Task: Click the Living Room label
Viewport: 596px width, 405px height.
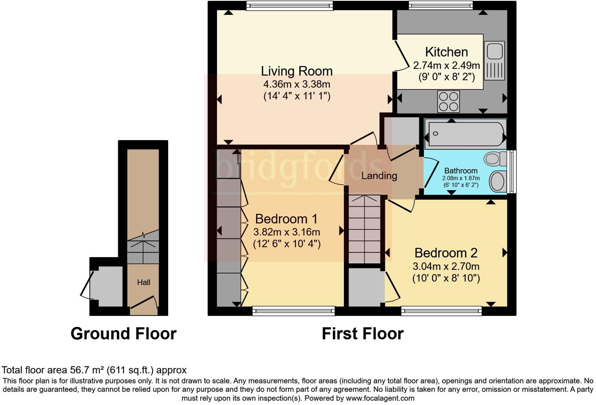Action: pyautogui.click(x=296, y=71)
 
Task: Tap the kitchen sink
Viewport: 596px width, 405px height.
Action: pyautogui.click(x=494, y=60)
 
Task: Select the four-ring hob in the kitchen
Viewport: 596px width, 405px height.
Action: pyautogui.click(x=449, y=101)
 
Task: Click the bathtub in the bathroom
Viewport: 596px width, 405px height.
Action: pyautogui.click(x=465, y=134)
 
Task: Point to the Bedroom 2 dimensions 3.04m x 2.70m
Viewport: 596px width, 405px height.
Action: pyautogui.click(x=446, y=266)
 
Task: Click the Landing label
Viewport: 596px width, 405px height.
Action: pyautogui.click(x=379, y=176)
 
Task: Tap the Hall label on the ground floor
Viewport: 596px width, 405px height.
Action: pyautogui.click(x=144, y=282)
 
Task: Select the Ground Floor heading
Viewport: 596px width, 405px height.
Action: pyautogui.click(x=123, y=334)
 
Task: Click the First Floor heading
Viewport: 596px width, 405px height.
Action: pyautogui.click(x=362, y=334)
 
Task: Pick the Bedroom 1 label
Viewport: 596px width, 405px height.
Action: pyautogui.click(x=286, y=219)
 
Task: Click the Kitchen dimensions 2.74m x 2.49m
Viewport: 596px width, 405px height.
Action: pyautogui.click(x=446, y=65)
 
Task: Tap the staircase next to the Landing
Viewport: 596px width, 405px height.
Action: pyautogui.click(x=365, y=229)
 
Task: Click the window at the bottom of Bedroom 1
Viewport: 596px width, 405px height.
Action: pyautogui.click(x=293, y=311)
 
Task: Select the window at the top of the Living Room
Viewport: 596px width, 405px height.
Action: pyautogui.click(x=290, y=5)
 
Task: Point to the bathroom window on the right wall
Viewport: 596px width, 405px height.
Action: pyautogui.click(x=511, y=171)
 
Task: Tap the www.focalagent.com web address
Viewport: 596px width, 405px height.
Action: pyautogui.click(x=379, y=398)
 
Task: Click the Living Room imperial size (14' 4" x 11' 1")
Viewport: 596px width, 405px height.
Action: pyautogui.click(x=296, y=96)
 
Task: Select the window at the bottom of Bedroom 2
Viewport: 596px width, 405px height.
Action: pyautogui.click(x=441, y=311)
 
